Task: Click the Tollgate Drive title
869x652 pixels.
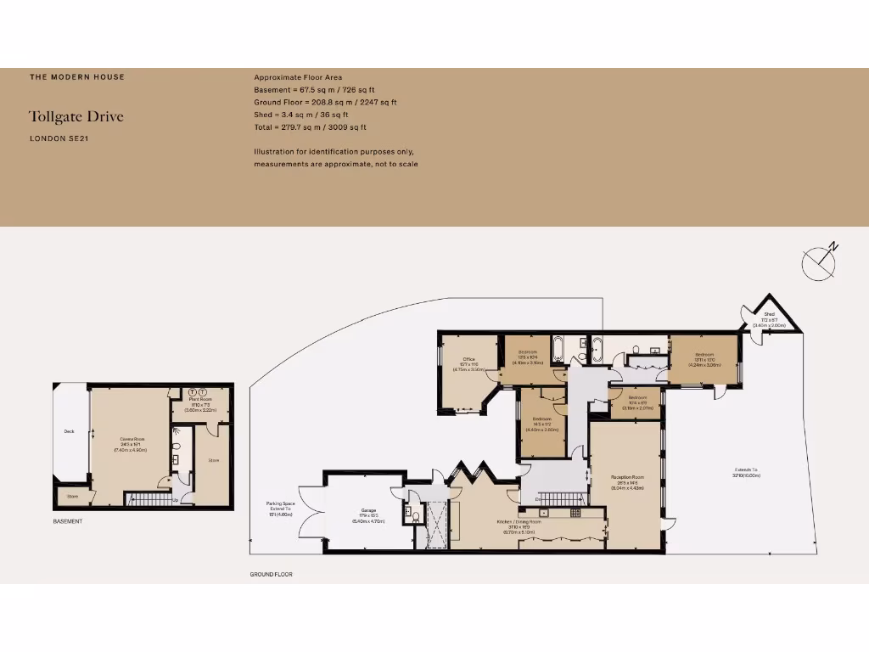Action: tap(76, 116)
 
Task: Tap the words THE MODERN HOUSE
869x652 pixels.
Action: tap(77, 77)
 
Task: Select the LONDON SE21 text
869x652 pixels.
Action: tap(59, 138)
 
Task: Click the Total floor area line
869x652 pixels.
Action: tap(310, 127)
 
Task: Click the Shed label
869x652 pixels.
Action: tap(769, 314)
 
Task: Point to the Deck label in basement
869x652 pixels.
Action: tap(69, 431)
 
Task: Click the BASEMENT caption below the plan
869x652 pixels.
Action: tap(68, 521)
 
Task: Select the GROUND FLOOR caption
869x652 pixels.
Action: tap(271, 575)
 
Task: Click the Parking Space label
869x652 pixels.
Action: tap(280, 509)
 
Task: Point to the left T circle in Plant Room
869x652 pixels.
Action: tap(192, 391)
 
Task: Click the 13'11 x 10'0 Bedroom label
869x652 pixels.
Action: tap(704, 357)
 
